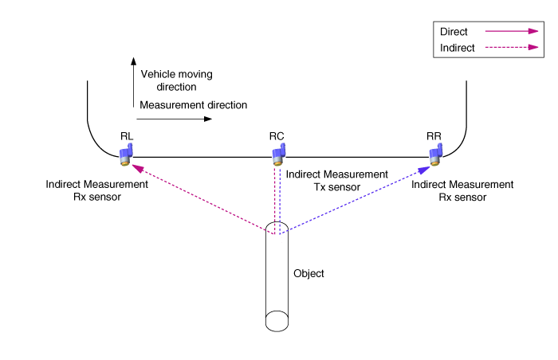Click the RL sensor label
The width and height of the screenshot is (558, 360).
[x=126, y=136]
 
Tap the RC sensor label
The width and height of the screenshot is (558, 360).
[x=277, y=136]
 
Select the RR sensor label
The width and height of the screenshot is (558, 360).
[x=434, y=136]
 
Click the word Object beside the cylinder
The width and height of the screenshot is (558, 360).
[x=309, y=273]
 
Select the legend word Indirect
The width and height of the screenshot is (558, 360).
[x=458, y=48]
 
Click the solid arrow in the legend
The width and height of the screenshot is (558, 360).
[x=509, y=31]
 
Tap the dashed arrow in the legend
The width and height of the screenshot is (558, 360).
[x=509, y=48]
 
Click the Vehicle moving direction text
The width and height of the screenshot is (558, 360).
[x=176, y=80]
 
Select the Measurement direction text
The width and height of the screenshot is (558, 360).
[x=193, y=104]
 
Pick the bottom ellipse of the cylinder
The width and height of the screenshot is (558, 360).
[x=277, y=321]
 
